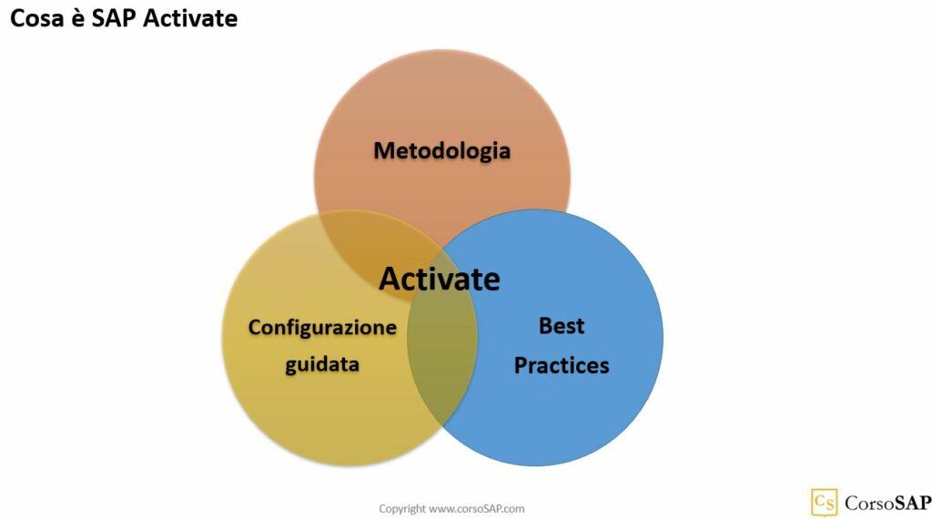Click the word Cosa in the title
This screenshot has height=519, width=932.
pyautogui.click(x=36, y=18)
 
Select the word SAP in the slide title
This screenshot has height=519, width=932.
pyautogui.click(x=116, y=18)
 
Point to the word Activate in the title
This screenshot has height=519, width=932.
pyautogui.click(x=191, y=18)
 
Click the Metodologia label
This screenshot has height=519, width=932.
pyautogui.click(x=441, y=150)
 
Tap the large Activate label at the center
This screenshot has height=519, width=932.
pyautogui.click(x=440, y=279)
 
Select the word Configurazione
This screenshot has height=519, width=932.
pyautogui.click(x=322, y=327)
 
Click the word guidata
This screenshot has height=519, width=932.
pyautogui.click(x=322, y=364)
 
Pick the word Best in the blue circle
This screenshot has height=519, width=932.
pyautogui.click(x=562, y=326)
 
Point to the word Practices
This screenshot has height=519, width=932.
pyautogui.click(x=562, y=366)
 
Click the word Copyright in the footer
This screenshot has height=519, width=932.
pyautogui.click(x=402, y=509)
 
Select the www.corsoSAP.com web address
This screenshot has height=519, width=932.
pyautogui.click(x=476, y=509)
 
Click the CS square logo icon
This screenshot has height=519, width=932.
pyautogui.click(x=824, y=503)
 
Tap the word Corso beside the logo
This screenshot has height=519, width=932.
pyautogui.click(x=868, y=503)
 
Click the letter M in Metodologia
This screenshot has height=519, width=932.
pyautogui.click(x=383, y=150)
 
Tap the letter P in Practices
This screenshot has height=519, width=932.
pyautogui.click(x=522, y=366)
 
